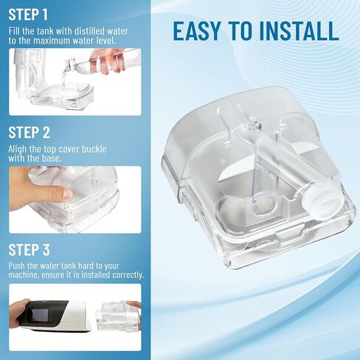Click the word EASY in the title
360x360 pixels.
(201, 30)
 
